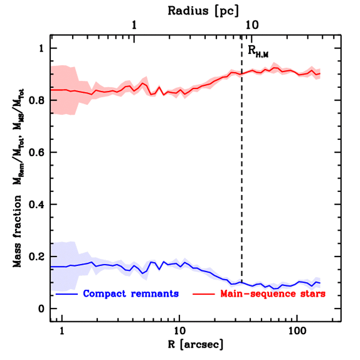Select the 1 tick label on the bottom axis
click(62, 332)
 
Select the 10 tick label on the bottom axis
click(179, 332)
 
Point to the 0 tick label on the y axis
click(43, 309)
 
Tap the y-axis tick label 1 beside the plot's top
click(43, 49)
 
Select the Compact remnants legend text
click(131, 294)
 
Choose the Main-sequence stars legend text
click(272, 294)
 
